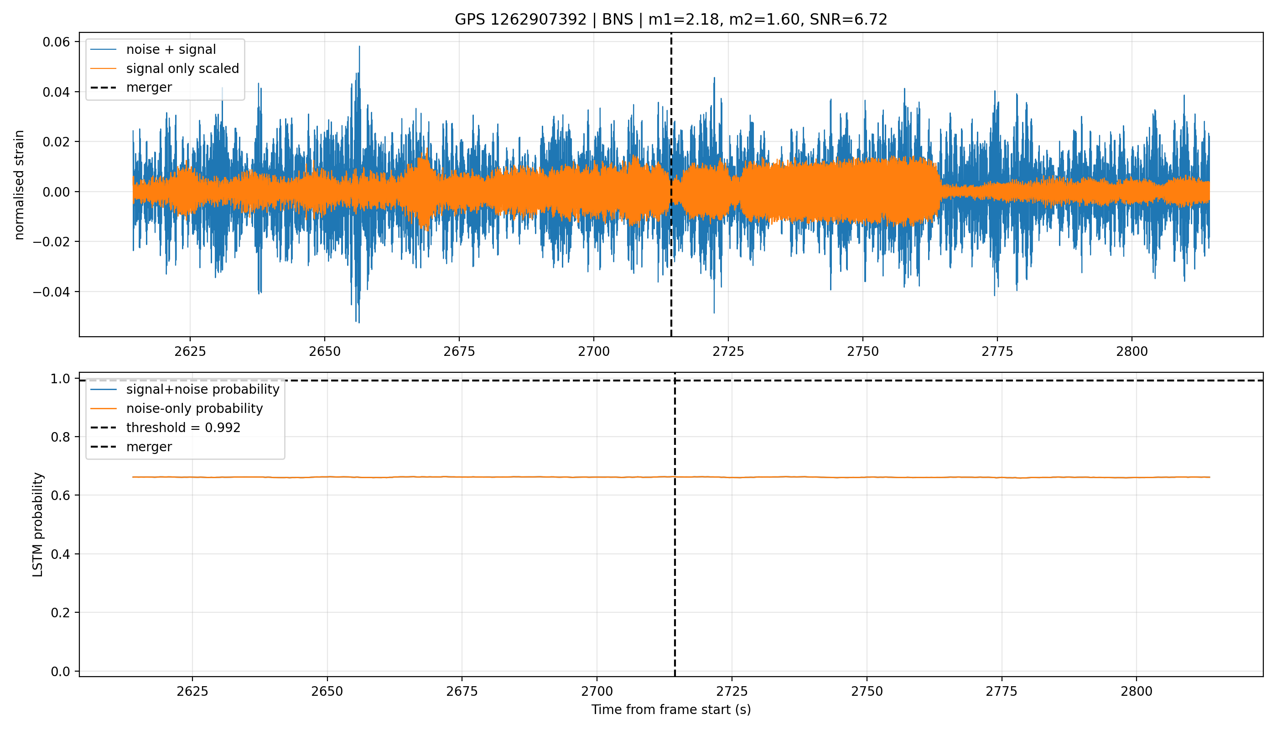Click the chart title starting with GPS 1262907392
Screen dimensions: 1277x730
click(670, 20)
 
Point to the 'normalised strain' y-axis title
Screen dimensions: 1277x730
click(19, 185)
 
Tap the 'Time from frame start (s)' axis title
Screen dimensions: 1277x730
click(670, 709)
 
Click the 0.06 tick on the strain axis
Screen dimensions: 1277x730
click(56, 42)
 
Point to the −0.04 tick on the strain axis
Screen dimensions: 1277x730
click(52, 292)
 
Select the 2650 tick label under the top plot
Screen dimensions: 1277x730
click(325, 351)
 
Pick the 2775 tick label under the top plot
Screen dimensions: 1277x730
click(997, 351)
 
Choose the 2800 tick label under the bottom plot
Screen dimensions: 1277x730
click(1136, 691)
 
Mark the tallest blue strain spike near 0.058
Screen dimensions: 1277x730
click(359, 47)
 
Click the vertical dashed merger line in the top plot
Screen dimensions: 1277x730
click(671, 184)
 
